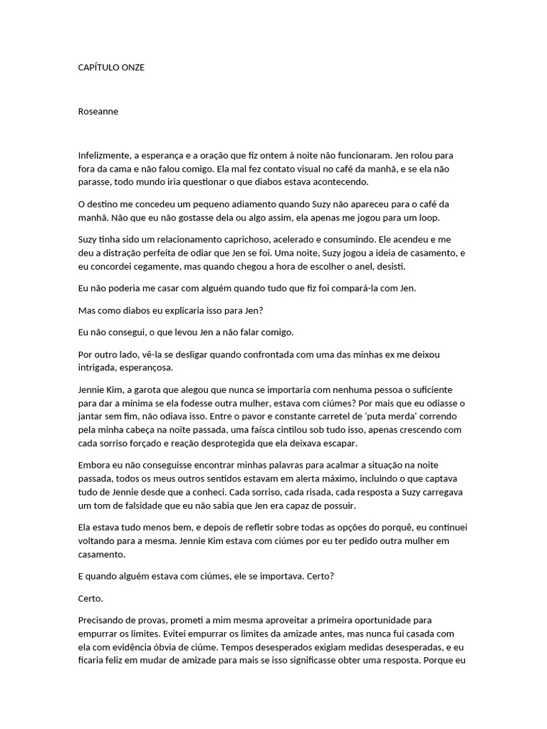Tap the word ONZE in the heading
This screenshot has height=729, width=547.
(133, 67)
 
